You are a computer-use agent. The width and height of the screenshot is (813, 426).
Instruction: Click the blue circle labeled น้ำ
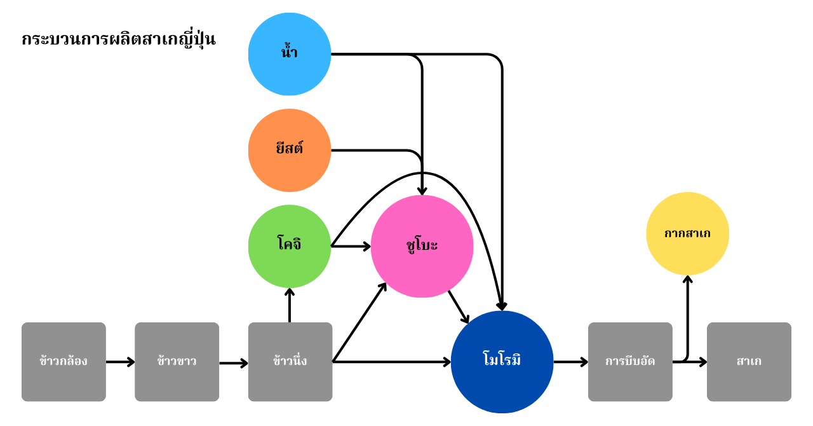tap(290, 54)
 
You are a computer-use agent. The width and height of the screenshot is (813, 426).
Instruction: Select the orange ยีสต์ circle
tap(290, 150)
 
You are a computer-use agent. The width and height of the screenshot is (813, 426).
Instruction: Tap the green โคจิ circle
tap(290, 246)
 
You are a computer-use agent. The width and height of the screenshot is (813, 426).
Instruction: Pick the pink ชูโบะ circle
tap(422, 246)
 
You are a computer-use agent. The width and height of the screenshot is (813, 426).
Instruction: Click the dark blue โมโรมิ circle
tap(502, 362)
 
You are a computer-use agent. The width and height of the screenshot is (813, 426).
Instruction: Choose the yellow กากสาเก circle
tap(687, 233)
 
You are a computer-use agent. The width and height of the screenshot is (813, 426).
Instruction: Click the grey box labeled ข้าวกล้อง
tap(64, 362)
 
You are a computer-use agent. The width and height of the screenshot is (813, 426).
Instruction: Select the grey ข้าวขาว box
tap(177, 362)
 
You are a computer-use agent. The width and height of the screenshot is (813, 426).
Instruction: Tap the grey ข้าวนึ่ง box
tap(290, 362)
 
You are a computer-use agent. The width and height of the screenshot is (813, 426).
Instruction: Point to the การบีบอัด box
tap(630, 362)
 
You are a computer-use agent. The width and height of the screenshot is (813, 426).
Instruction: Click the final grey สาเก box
tap(749, 362)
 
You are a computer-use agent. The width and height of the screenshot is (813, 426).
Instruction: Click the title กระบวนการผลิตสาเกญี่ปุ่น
tap(119, 39)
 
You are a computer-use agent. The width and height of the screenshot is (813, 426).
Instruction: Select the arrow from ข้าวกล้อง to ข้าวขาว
tap(120, 362)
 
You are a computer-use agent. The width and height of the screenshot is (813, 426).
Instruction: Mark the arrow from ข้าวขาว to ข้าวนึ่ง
tap(233, 363)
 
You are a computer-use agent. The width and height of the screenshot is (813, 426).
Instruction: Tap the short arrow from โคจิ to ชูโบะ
tap(351, 246)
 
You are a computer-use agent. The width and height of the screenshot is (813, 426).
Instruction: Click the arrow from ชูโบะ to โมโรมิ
tap(459, 307)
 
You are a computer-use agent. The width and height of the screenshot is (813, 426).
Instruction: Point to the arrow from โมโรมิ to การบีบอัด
tap(570, 362)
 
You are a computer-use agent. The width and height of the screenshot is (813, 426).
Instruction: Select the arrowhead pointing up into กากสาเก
tap(687, 280)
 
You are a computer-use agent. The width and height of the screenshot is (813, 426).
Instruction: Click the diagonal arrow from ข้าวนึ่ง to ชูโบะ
tap(359, 322)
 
